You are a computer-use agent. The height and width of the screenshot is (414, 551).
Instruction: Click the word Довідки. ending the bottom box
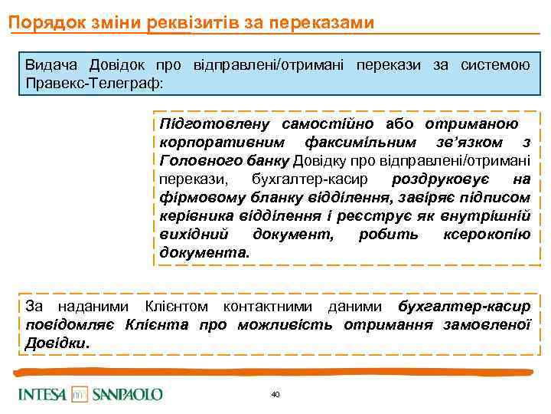point(57,343)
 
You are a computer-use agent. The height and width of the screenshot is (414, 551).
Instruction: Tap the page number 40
point(275,394)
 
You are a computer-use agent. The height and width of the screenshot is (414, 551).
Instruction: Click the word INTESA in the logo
point(42,394)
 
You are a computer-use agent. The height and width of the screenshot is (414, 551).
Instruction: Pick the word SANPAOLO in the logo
point(127,394)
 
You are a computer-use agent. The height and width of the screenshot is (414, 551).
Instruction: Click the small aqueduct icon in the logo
point(80,394)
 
